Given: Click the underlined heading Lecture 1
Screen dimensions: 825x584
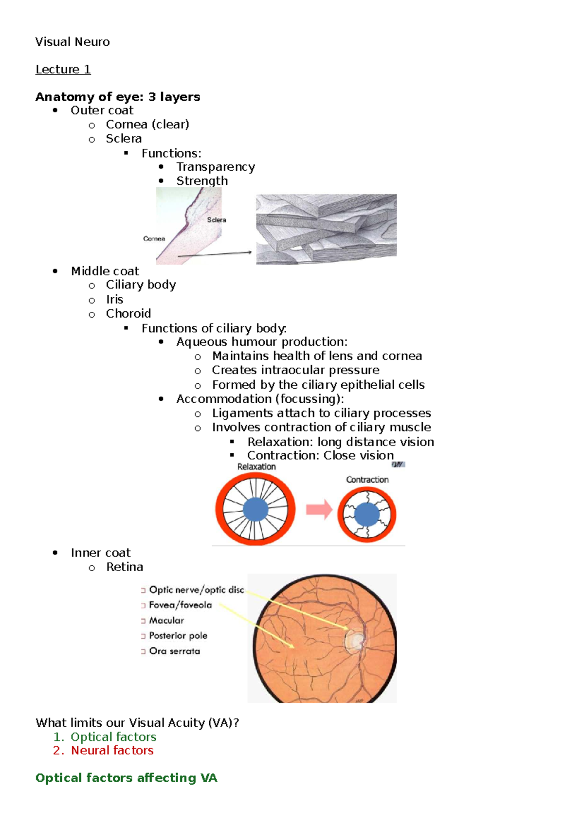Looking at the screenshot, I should click(63, 70).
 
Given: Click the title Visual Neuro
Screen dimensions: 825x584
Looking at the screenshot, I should click(72, 42).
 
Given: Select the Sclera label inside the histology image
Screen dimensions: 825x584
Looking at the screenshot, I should click(217, 220).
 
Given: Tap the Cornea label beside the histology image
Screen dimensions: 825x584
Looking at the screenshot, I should click(154, 239).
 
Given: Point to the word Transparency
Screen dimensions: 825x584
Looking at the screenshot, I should click(215, 167).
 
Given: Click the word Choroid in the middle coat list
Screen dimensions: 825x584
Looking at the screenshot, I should click(128, 314).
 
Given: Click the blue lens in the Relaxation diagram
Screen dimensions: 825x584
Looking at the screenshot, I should click(255, 509).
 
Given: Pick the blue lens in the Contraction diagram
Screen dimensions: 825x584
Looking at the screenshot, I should click(367, 515).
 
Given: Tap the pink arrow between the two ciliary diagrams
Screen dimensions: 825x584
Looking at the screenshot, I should click(319, 510).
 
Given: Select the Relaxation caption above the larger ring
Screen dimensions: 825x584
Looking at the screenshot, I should click(256, 467).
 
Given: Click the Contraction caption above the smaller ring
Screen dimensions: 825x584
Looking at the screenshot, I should click(367, 480).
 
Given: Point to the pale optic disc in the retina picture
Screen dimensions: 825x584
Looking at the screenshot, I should click(354, 640).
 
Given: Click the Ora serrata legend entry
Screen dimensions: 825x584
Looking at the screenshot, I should click(174, 651).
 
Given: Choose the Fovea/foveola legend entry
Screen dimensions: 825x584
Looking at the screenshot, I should click(180, 605).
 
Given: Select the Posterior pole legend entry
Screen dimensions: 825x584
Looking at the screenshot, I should click(178, 636).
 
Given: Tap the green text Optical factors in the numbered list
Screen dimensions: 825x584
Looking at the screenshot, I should click(113, 737).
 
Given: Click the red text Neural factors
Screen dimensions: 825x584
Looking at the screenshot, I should click(112, 751).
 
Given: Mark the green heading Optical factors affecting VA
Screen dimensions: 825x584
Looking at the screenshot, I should click(126, 778).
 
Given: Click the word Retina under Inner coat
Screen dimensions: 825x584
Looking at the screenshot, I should click(125, 567).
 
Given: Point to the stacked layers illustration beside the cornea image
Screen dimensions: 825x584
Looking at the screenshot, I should click(326, 229).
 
